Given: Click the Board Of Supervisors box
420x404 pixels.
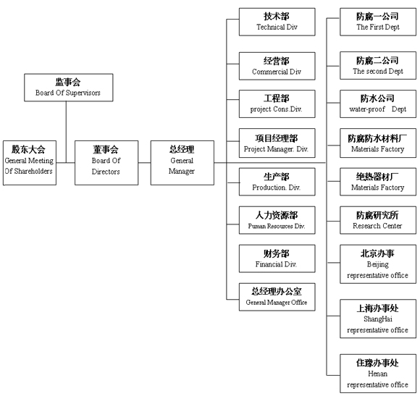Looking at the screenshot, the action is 69,88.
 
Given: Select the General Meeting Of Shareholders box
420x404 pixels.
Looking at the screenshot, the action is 30,163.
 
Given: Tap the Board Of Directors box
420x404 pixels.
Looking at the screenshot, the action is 106,163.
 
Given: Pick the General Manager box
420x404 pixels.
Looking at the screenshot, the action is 182,163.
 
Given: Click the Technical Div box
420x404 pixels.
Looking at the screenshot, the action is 277,22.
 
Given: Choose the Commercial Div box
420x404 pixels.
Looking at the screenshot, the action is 277,66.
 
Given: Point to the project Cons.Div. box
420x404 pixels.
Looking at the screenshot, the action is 277,104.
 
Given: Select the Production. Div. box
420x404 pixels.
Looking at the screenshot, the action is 277,182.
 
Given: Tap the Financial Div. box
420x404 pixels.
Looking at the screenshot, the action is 277,258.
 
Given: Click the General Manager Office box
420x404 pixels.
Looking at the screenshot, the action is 277,297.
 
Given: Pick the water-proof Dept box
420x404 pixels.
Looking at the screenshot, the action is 378,104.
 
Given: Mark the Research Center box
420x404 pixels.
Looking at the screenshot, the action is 378,220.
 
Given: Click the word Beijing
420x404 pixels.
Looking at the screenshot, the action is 378,264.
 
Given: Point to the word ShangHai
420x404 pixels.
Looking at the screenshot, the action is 378,319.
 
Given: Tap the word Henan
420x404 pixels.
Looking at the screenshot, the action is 378,374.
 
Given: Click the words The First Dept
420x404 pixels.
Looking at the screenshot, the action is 378,27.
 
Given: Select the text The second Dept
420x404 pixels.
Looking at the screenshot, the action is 378,71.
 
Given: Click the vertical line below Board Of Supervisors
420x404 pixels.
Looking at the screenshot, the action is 66,132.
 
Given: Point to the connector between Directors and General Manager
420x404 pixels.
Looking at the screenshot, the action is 145,162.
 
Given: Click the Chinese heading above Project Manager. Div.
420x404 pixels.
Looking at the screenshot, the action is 277,138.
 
